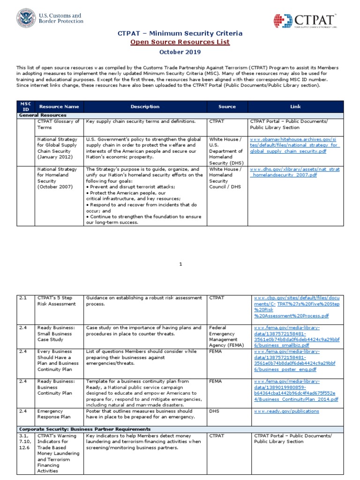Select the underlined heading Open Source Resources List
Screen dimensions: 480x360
[x=180, y=42]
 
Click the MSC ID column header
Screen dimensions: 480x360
[x=26, y=106]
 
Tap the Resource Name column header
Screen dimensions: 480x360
[x=59, y=106]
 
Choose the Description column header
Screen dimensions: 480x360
[x=145, y=106]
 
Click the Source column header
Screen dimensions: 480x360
[x=227, y=106]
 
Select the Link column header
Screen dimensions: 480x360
[x=295, y=106]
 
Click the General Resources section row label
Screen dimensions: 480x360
[x=42, y=115]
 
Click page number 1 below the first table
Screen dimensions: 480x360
[x=180, y=264]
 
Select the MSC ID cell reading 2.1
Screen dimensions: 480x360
[x=23, y=298]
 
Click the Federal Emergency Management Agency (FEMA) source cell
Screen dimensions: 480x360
[x=225, y=336]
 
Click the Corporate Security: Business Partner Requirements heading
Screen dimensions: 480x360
[x=84, y=429]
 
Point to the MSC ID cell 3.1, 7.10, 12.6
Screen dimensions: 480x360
[x=25, y=442]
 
